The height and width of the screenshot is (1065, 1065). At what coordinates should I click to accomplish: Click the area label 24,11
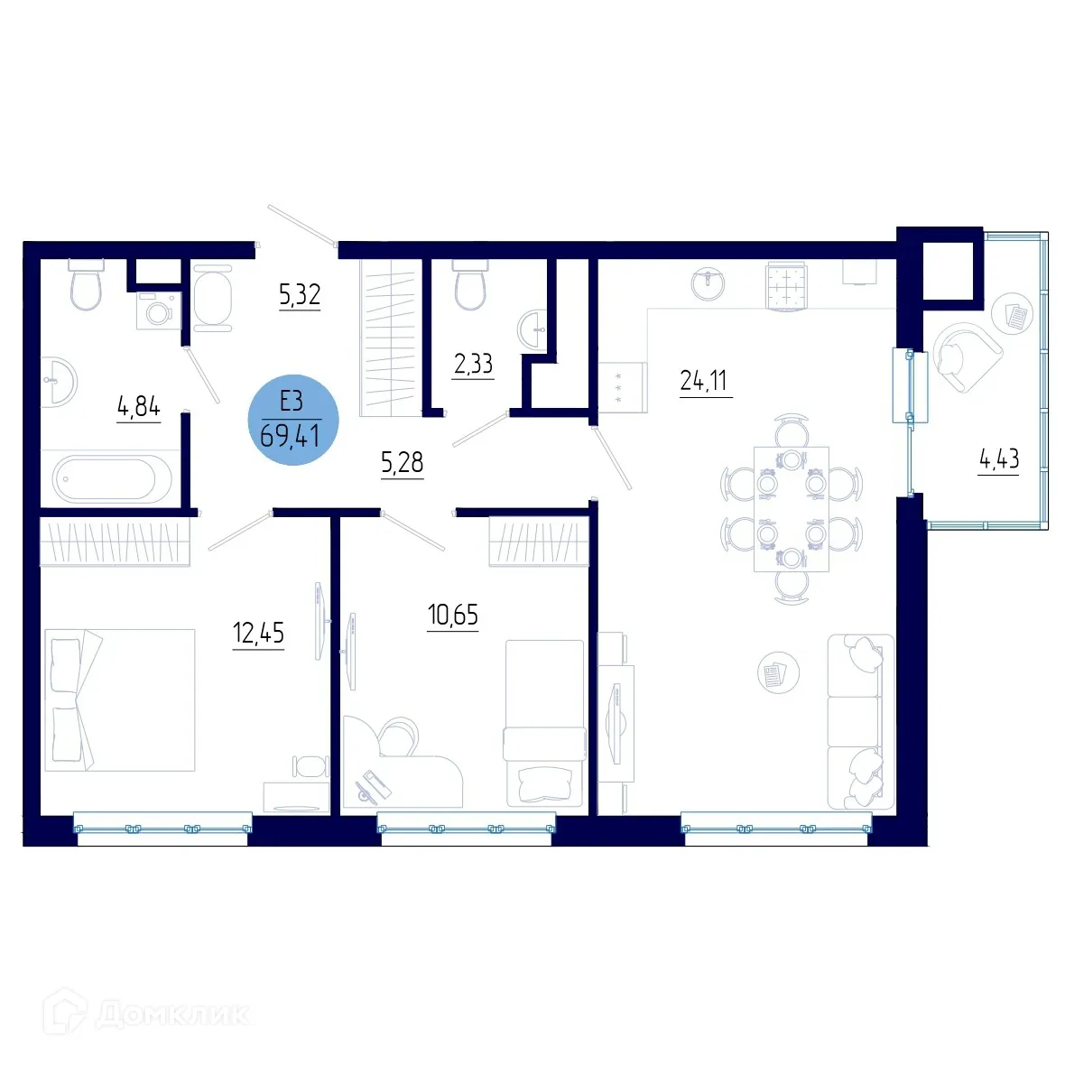[704, 381]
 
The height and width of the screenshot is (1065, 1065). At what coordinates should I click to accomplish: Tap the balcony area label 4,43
[999, 459]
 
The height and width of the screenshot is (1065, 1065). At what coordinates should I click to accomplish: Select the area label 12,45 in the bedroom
[258, 634]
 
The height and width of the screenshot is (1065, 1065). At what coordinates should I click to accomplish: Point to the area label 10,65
[452, 616]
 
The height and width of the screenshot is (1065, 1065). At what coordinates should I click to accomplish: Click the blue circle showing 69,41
[292, 421]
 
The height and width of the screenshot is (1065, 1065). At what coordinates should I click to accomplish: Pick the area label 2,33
[473, 364]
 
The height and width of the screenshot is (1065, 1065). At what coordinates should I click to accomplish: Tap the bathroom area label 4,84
[138, 408]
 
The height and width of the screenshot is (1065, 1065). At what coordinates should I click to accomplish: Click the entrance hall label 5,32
[300, 295]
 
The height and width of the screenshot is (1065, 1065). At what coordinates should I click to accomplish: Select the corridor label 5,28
[402, 464]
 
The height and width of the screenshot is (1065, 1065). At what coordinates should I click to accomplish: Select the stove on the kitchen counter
[785, 286]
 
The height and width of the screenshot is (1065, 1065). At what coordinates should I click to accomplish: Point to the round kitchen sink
[708, 283]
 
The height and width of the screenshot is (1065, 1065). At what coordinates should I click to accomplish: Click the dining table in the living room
[792, 509]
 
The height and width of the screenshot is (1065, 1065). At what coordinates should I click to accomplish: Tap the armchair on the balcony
[965, 357]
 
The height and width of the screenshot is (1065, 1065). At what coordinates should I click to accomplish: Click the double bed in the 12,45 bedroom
[120, 700]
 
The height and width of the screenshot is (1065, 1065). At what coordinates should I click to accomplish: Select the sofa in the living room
[861, 721]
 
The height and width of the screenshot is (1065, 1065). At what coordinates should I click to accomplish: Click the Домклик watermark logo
[149, 1014]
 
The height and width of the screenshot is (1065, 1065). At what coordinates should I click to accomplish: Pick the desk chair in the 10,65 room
[398, 736]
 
